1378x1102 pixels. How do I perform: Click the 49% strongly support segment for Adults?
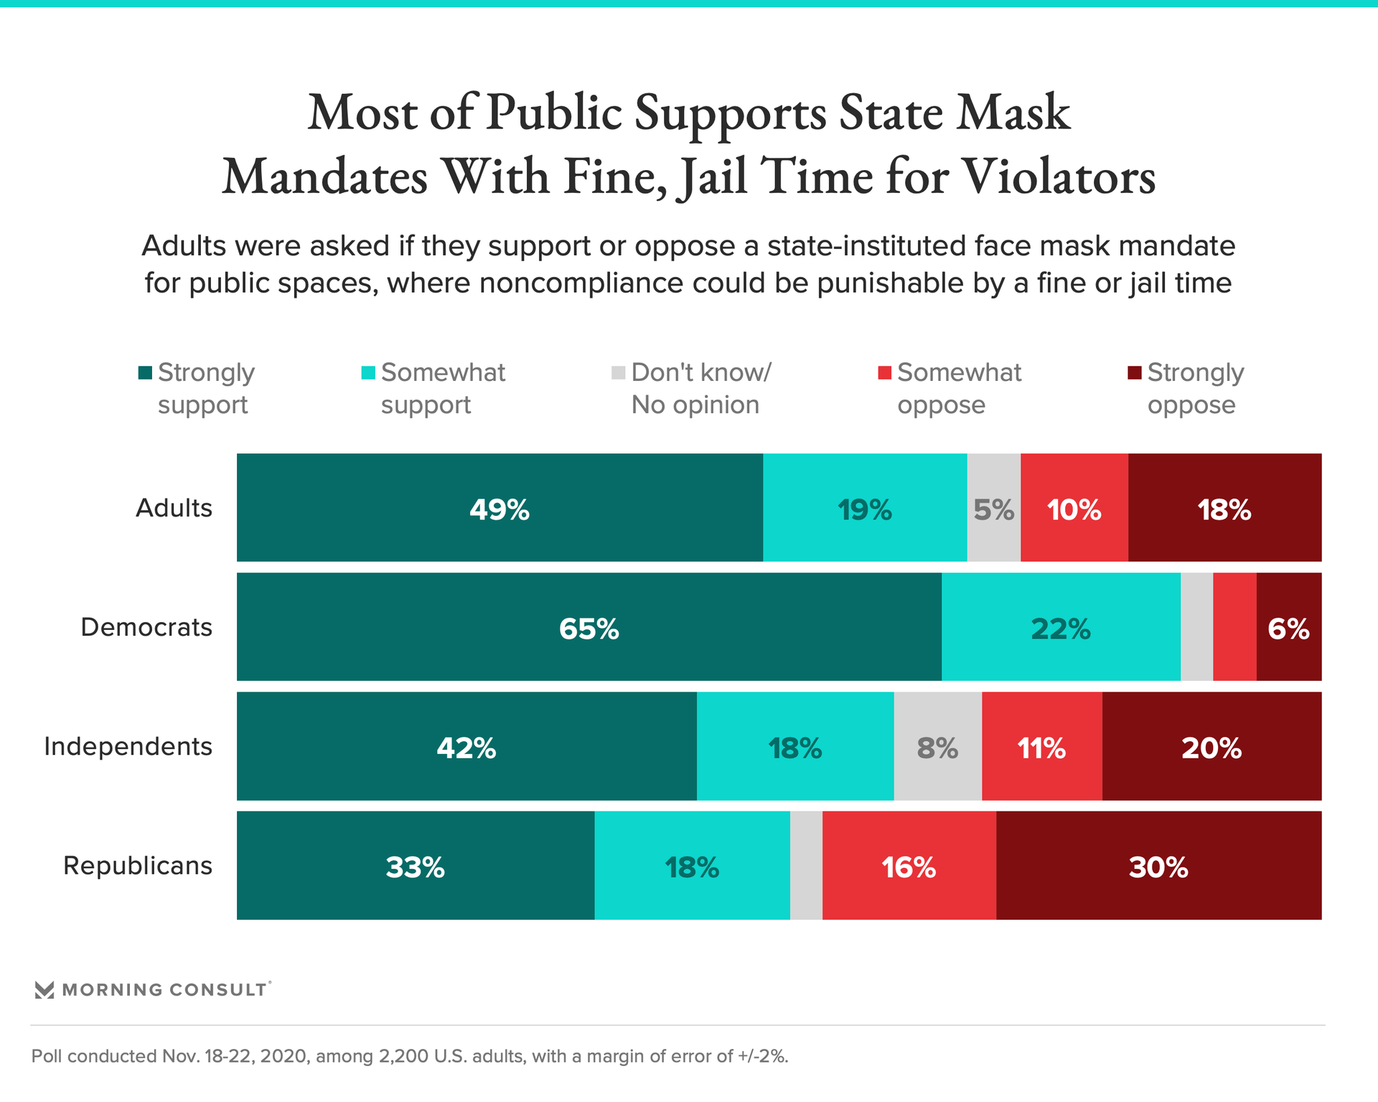click(500, 507)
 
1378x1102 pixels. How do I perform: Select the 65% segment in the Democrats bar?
click(589, 626)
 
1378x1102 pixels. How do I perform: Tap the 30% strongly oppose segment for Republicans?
click(1158, 865)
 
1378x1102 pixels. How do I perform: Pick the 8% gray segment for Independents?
click(937, 746)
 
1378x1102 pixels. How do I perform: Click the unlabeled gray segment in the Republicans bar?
click(806, 865)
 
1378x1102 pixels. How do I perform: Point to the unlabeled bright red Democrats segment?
click(1234, 626)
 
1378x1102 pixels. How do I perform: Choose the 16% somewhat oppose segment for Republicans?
click(909, 865)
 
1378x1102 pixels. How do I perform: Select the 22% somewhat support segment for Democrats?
click(1061, 626)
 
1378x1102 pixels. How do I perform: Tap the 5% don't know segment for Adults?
click(993, 507)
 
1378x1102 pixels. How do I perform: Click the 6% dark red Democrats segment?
click(1289, 626)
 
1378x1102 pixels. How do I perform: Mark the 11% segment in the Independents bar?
click(1041, 746)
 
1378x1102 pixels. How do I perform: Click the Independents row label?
click(128, 746)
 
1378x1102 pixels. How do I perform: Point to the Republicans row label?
click(138, 865)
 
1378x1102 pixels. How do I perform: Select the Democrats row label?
click(146, 627)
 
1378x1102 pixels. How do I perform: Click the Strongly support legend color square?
click(145, 373)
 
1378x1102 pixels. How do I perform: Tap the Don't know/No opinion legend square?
click(618, 373)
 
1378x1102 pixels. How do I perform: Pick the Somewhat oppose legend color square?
click(884, 373)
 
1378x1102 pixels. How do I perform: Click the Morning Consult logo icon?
click(44, 990)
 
